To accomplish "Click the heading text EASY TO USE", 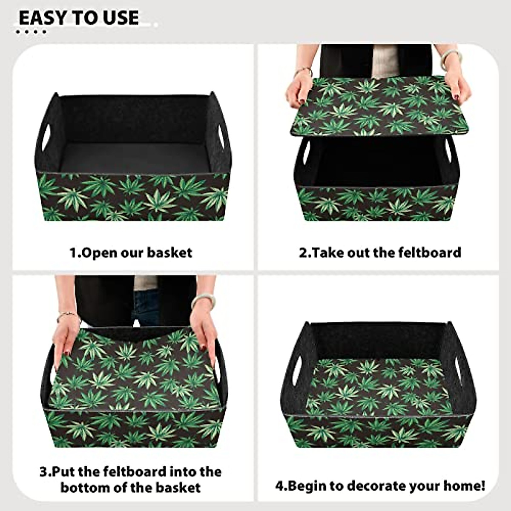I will [79, 18].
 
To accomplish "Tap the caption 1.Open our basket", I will [131, 253].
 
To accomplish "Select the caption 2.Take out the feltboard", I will [380, 253].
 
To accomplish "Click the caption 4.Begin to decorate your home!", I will [380, 485].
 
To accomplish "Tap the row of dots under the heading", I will [31, 32].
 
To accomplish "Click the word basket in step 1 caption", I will [169, 253].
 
